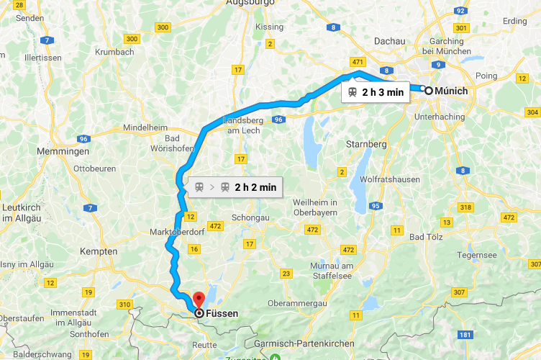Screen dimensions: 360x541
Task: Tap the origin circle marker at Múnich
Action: coord(429,91)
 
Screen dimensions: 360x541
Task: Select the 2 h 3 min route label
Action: coord(375,92)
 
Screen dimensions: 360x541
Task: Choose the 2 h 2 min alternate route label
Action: coord(233,187)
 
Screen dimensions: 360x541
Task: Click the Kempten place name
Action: coord(100,251)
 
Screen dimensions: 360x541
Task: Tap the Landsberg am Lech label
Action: coord(249,124)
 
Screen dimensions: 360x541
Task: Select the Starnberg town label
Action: coord(367,144)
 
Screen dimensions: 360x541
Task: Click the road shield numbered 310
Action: coord(125,305)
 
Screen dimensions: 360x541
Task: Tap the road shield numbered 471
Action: coord(358,63)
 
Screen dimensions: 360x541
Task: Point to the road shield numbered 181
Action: coord(465,336)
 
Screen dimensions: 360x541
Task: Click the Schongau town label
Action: coord(251,217)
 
